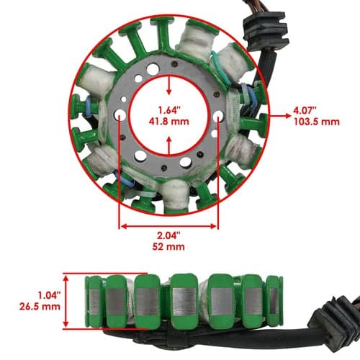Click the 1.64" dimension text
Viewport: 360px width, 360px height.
click(x=169, y=110)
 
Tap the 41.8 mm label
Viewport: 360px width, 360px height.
click(x=169, y=121)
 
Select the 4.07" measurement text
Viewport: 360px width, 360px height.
click(x=305, y=110)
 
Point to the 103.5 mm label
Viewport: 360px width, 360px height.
click(x=317, y=122)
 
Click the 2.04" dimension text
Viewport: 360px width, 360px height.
click(x=168, y=235)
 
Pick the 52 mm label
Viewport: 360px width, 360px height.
click(x=168, y=246)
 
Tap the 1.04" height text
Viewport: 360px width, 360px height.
click(x=49, y=295)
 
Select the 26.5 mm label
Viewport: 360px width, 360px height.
click(x=40, y=307)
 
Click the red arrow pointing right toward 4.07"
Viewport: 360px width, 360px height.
click(x=280, y=116)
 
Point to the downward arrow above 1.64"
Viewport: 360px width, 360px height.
click(x=169, y=85)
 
